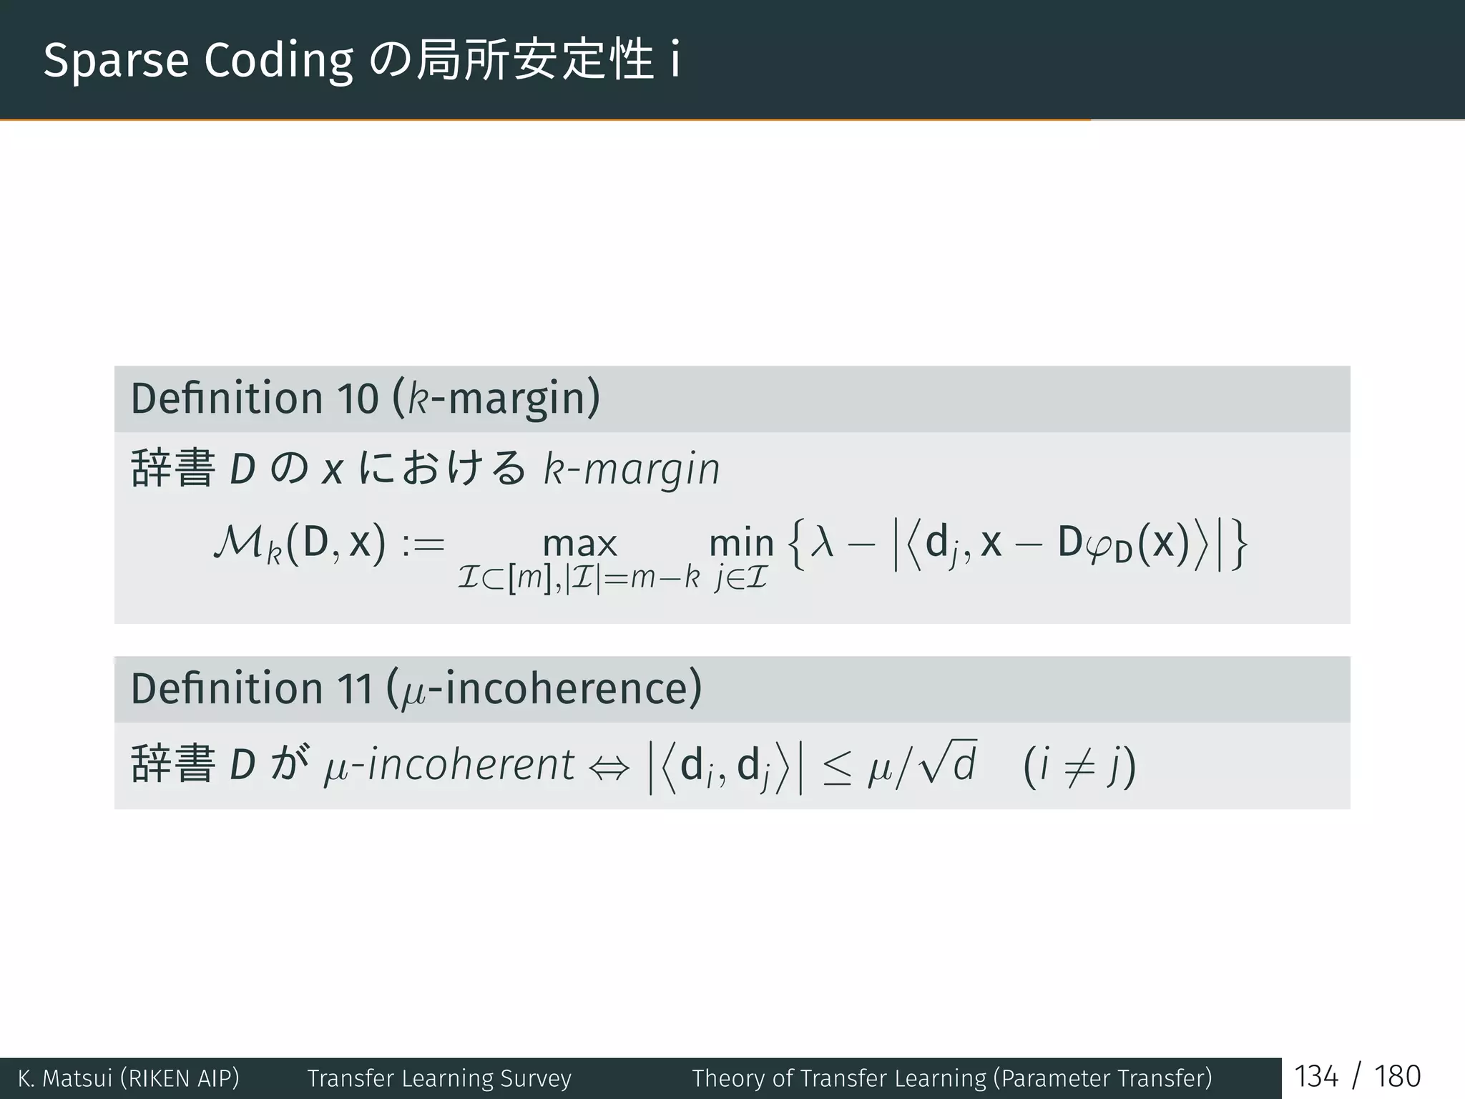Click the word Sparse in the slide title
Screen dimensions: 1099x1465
pos(116,62)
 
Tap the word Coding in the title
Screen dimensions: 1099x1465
pos(279,62)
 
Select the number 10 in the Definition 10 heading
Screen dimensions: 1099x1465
pos(357,399)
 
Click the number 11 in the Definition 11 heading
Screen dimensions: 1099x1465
pos(356,689)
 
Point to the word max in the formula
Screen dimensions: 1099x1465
pos(579,544)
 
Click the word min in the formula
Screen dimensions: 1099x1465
pos(741,544)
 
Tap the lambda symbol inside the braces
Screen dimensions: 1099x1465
pos(823,542)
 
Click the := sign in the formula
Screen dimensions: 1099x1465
pos(423,544)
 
